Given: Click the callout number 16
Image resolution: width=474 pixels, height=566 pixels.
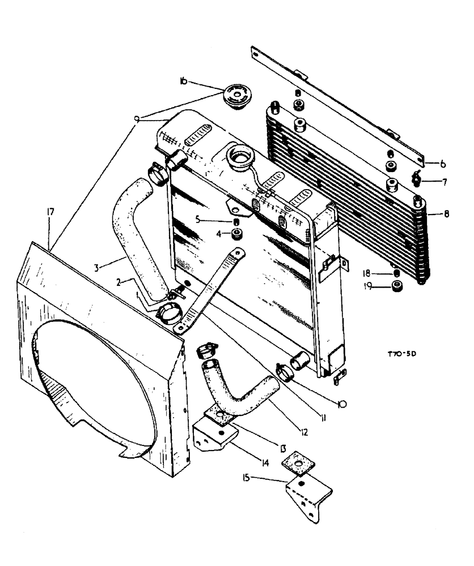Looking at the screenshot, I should [183, 82].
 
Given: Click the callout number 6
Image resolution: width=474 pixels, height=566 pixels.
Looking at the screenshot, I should [443, 164].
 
